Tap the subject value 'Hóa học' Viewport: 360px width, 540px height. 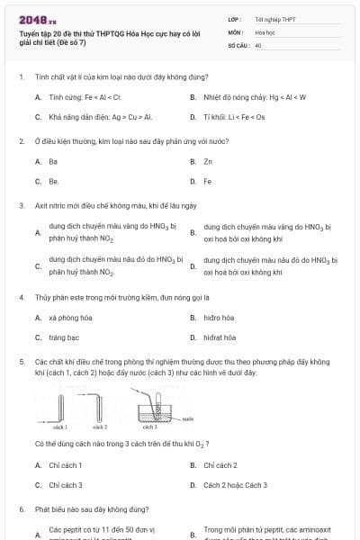click(265, 31)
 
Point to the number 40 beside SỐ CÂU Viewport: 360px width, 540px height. click(258, 44)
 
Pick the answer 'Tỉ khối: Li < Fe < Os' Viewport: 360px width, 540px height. click(235, 117)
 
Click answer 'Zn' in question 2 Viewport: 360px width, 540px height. click(208, 161)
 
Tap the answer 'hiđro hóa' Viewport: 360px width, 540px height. click(219, 318)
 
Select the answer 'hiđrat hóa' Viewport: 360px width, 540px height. click(220, 338)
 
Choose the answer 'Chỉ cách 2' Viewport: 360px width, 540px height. click(220, 465)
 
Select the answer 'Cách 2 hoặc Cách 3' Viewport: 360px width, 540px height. click(235, 486)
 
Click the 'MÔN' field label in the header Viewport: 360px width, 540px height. click(235, 31)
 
